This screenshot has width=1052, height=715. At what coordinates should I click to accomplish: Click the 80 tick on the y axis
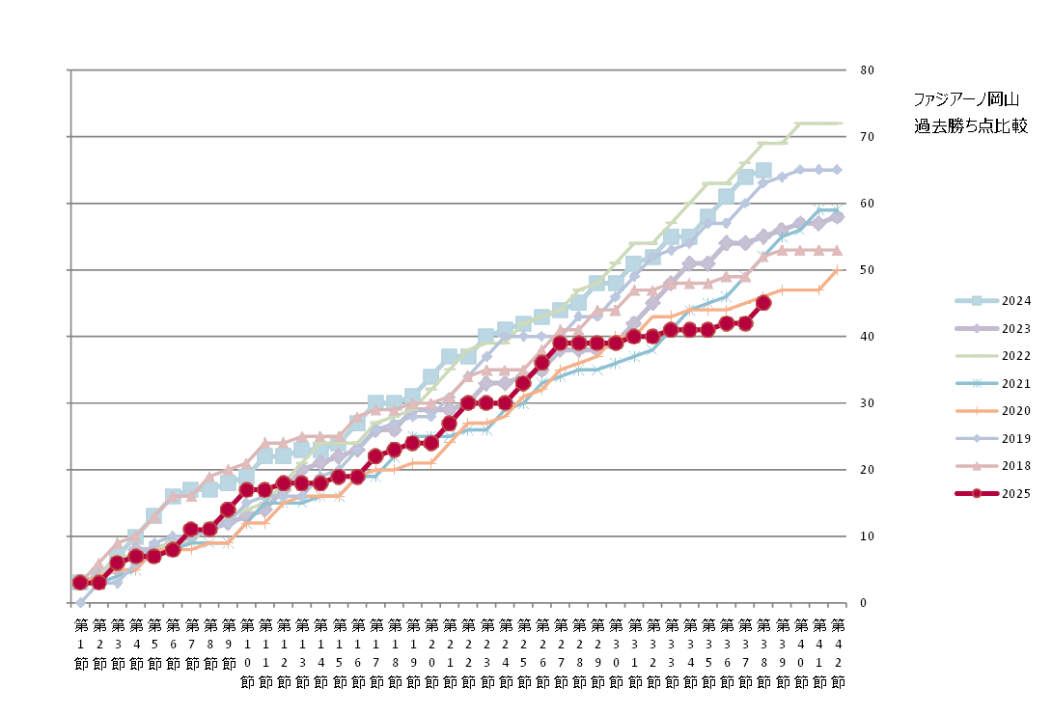pyautogui.click(x=867, y=70)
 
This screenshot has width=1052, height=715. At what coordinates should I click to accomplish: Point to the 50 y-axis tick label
pyautogui.click(x=867, y=270)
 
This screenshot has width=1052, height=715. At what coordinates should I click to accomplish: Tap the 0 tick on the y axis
pyautogui.click(x=864, y=603)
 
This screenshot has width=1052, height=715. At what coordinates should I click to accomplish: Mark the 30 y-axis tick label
pyautogui.click(x=867, y=403)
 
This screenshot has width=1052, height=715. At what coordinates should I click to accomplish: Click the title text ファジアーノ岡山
pyautogui.click(x=965, y=99)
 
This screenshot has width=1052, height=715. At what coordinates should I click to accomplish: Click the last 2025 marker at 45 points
pyautogui.click(x=763, y=303)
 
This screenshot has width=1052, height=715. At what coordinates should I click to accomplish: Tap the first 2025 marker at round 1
pyautogui.click(x=80, y=583)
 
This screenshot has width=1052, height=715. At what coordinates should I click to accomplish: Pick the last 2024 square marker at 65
pyautogui.click(x=763, y=171)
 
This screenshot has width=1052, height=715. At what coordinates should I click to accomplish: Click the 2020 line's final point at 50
pyautogui.click(x=837, y=270)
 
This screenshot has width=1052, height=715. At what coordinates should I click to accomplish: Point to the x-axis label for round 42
pyautogui.click(x=837, y=652)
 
